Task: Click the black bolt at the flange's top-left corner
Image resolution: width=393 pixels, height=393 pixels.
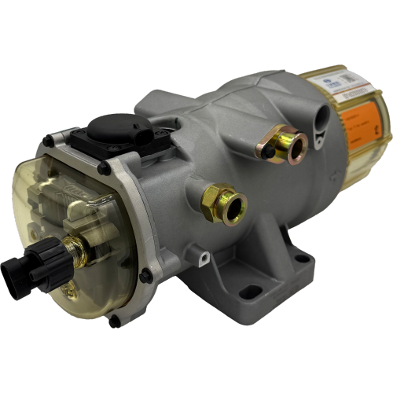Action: [49, 141]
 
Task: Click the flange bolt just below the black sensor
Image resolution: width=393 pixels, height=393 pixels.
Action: [104, 167]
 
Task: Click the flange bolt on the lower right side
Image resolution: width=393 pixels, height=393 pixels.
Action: [145, 275]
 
